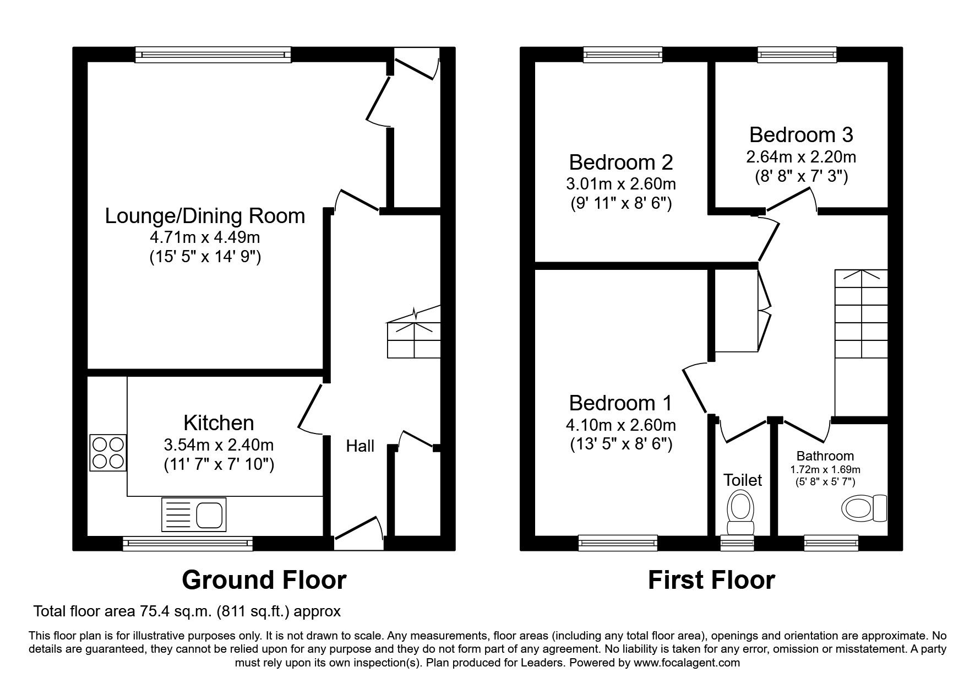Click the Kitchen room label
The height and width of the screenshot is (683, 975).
[x=219, y=423]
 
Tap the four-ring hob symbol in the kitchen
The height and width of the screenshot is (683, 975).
[x=108, y=453]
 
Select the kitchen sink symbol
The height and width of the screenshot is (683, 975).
[x=193, y=514]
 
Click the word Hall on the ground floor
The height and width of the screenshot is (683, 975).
[x=360, y=446]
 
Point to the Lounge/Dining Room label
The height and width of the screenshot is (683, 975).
[x=205, y=216]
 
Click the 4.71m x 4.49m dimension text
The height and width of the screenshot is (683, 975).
[x=205, y=238]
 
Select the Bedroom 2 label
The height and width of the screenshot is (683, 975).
[x=620, y=162]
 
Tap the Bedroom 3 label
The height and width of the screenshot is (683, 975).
[x=800, y=135]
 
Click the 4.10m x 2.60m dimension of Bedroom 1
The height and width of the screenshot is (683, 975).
[x=620, y=425]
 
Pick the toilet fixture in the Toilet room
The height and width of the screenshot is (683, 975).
[x=740, y=513]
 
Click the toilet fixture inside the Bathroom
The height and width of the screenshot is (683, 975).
[x=864, y=508]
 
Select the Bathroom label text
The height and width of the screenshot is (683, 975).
[x=825, y=456]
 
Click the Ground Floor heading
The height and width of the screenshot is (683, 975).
[x=264, y=580]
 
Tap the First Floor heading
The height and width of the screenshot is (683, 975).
[x=711, y=580]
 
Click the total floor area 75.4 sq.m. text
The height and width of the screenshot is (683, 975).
[x=187, y=611]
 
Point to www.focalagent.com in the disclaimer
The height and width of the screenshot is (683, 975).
[x=687, y=663]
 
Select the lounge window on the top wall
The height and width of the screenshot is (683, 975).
[x=213, y=55]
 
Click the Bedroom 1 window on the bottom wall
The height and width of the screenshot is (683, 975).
[x=618, y=543]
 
